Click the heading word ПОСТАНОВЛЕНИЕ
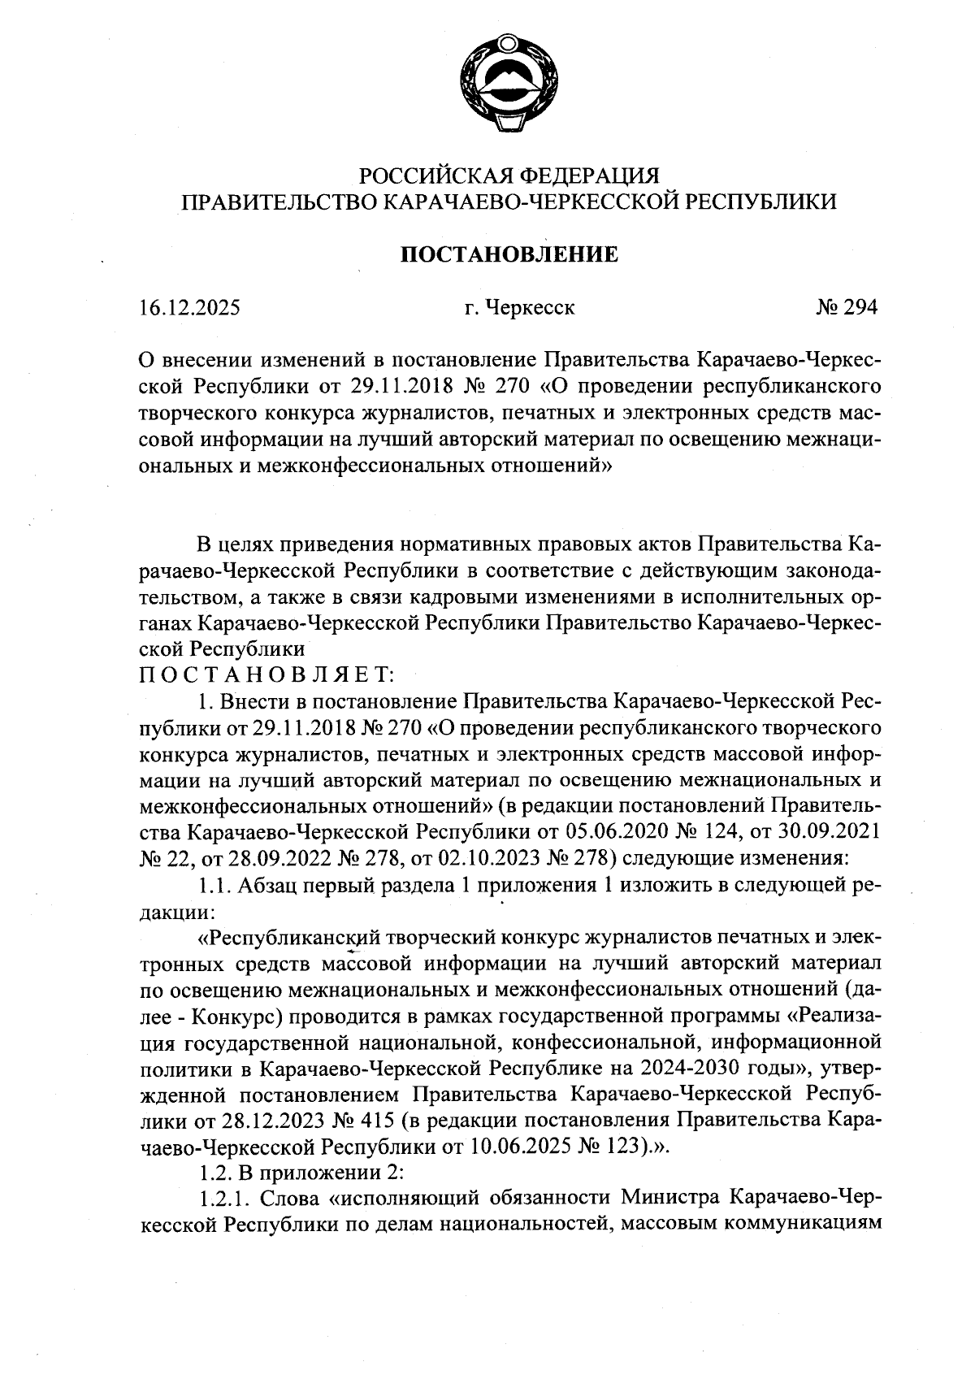point(509,255)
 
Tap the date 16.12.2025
point(190,308)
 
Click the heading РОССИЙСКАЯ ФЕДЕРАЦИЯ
point(509,176)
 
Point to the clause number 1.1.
point(214,885)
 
